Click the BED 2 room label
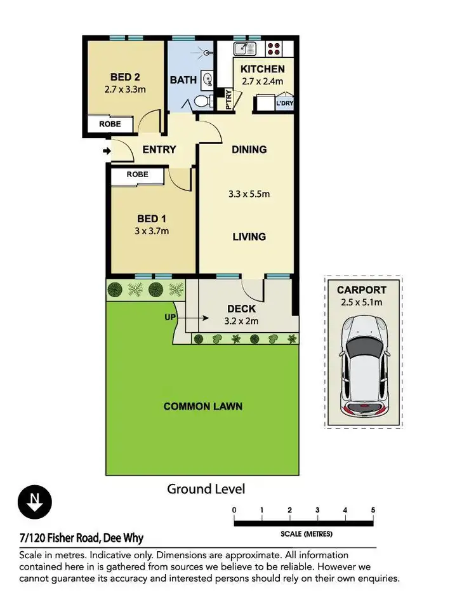pos(125,77)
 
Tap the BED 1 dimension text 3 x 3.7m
pos(152,231)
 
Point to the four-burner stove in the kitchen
pos(274,48)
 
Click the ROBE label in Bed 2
pos(110,124)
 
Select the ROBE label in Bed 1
pos(137,174)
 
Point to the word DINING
pos(249,150)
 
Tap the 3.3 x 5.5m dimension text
pos(249,194)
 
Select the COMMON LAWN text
pos(203,406)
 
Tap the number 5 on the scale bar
pos(373,510)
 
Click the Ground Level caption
pos(206,489)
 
